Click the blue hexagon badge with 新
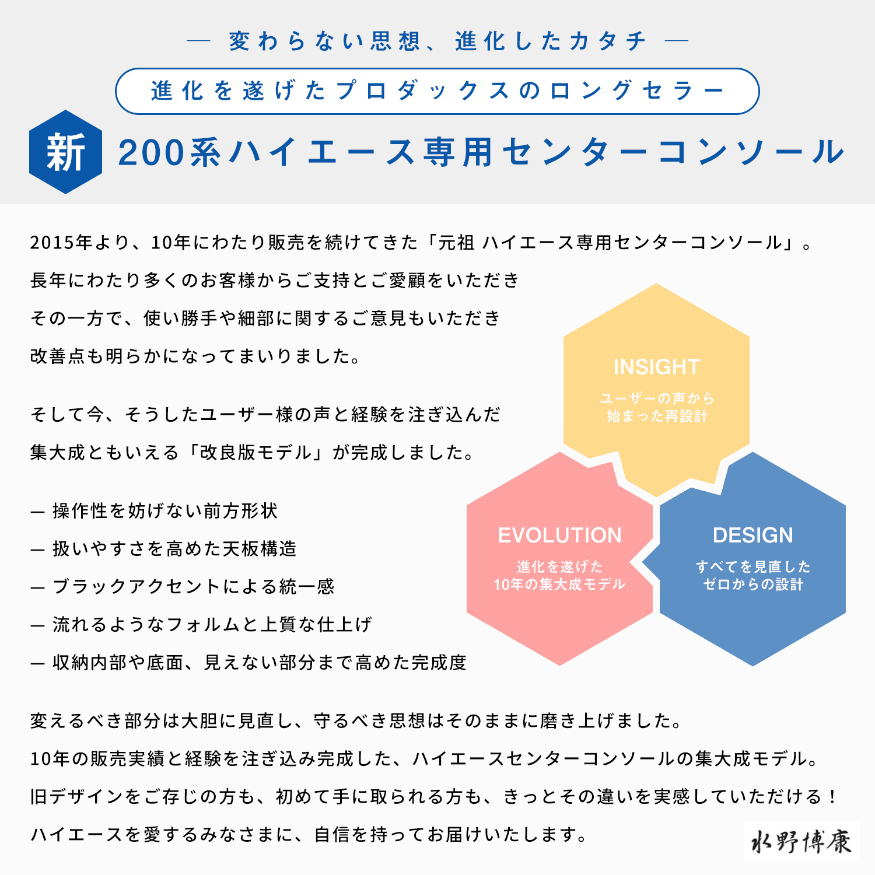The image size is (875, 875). click(66, 152)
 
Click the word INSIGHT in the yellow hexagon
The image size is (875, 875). click(656, 367)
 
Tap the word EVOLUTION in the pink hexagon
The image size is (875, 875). click(559, 535)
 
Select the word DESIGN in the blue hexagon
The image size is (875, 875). click(752, 535)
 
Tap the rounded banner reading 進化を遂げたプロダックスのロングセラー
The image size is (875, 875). click(437, 91)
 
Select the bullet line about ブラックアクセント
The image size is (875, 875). click(183, 586)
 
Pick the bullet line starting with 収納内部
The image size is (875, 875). click(249, 663)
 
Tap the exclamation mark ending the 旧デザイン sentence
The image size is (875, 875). click(832, 796)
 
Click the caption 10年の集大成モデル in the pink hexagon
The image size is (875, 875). click(559, 584)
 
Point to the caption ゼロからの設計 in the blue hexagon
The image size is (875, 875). click(753, 584)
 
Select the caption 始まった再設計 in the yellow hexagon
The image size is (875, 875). click(657, 416)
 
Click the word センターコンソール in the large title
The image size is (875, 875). click(673, 153)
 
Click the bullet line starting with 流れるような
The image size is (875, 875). click(201, 625)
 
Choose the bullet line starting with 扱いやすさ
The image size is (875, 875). click(164, 549)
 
